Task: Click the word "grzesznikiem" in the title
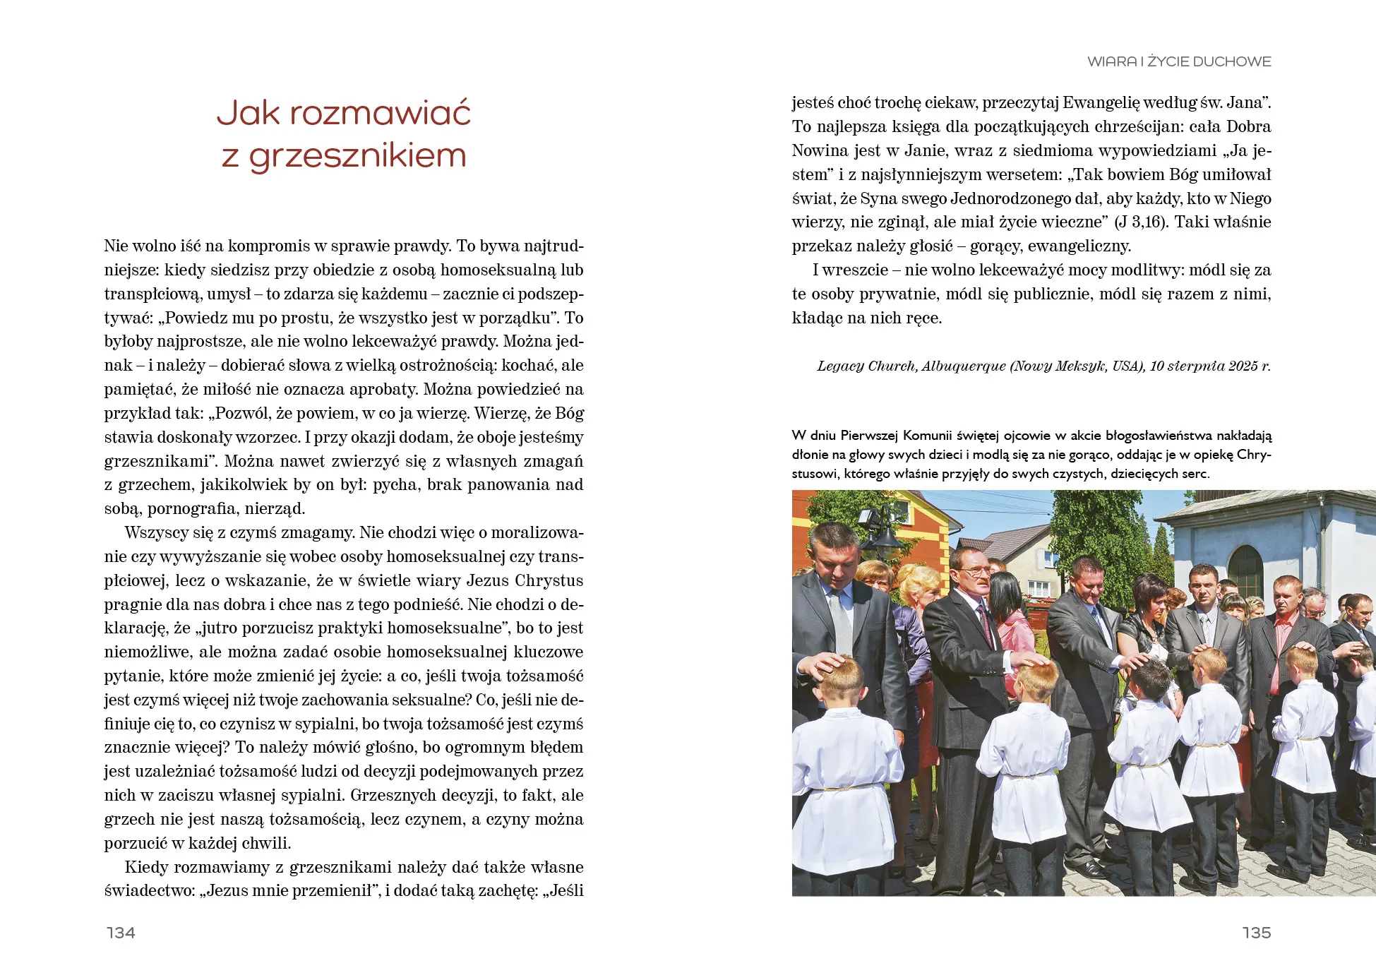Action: [x=358, y=157]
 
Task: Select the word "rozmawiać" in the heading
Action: [x=380, y=113]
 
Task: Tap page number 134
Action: [x=121, y=933]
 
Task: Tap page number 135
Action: [x=1256, y=933]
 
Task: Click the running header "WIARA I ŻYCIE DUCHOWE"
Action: [x=1178, y=61]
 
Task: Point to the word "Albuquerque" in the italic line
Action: [x=963, y=366]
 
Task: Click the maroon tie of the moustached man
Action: [x=983, y=621]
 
